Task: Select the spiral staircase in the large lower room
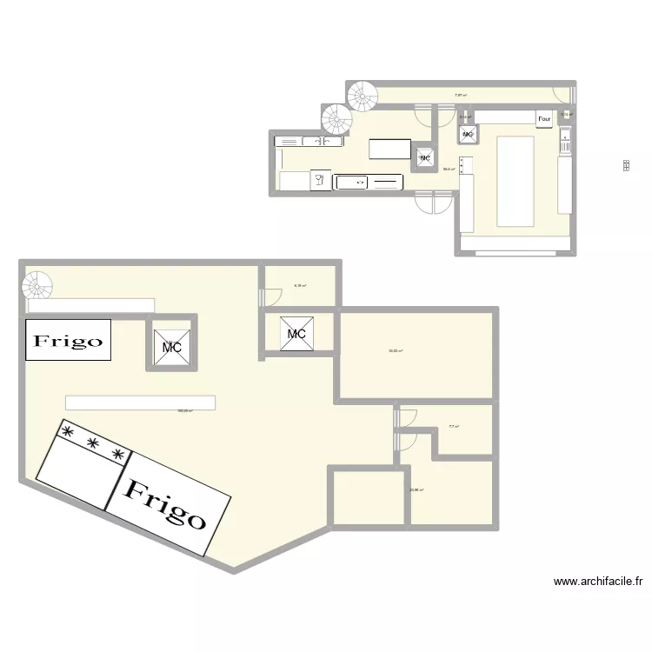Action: (x=37, y=285)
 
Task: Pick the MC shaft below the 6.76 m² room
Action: (x=296, y=333)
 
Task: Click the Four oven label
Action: (x=545, y=119)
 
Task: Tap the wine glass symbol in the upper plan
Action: (x=319, y=180)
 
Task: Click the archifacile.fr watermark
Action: (x=597, y=582)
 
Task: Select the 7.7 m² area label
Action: (x=453, y=427)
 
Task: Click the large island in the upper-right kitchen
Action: (x=518, y=180)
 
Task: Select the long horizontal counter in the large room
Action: (x=140, y=403)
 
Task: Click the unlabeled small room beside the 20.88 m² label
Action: (x=368, y=497)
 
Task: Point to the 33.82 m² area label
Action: (x=396, y=351)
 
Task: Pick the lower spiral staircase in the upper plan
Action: (x=336, y=118)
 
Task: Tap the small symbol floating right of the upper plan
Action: (x=626, y=165)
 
